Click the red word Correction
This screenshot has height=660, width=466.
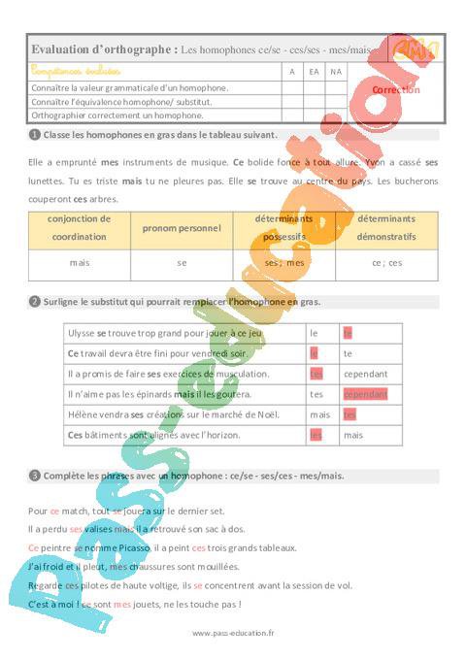click(396, 89)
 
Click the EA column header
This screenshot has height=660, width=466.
click(314, 72)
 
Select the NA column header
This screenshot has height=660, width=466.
click(336, 72)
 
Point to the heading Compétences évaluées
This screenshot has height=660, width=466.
click(76, 72)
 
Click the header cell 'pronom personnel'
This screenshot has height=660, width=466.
click(182, 227)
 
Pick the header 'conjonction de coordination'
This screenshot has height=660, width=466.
click(79, 227)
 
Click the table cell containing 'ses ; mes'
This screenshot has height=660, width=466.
click(284, 263)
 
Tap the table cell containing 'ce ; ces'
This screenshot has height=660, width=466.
click(386, 263)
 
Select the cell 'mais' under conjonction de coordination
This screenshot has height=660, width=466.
click(79, 263)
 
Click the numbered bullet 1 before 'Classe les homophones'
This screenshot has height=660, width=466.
click(35, 135)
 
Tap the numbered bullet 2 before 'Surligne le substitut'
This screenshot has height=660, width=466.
click(35, 302)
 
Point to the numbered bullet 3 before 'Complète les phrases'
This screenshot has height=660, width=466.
click(35, 476)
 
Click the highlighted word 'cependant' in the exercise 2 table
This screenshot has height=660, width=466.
click(364, 394)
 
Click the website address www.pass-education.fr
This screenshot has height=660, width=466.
click(233, 633)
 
